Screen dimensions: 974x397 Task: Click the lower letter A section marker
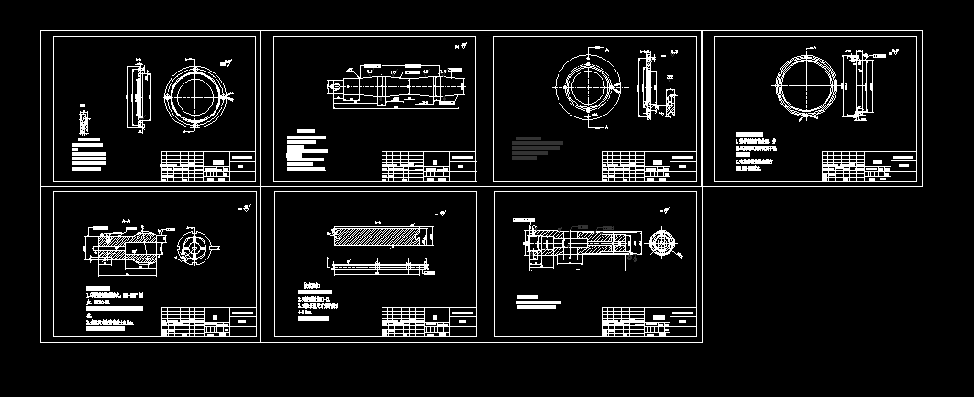click(606, 129)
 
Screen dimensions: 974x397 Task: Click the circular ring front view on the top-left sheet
click(196, 95)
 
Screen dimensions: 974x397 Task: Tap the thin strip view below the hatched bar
click(379, 267)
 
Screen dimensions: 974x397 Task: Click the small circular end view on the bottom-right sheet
click(661, 242)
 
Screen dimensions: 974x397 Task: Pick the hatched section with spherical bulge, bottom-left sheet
click(124, 248)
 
